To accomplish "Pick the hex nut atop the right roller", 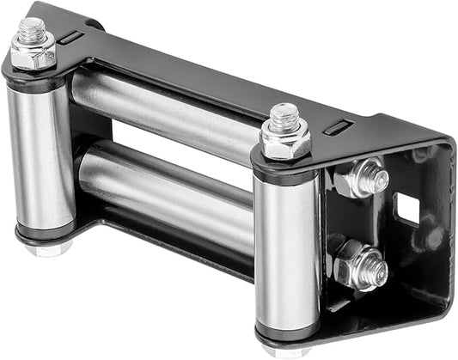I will point(284,141).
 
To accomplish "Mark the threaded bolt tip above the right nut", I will point(283,116).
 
